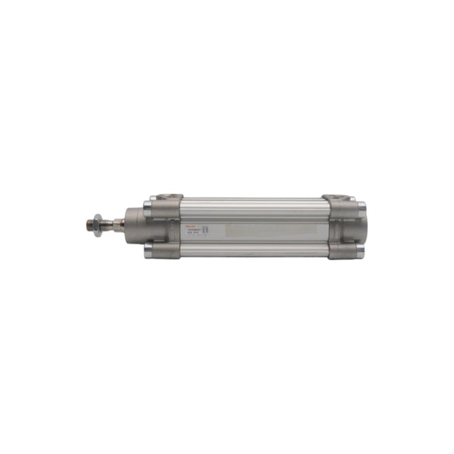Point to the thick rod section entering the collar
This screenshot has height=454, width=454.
coord(117,223)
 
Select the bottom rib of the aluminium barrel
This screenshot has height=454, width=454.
coord(253,249)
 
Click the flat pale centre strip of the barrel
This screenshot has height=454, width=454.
coord(265,227)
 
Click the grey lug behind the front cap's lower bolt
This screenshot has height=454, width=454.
coord(168,250)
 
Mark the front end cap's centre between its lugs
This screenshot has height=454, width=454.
coord(166,225)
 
